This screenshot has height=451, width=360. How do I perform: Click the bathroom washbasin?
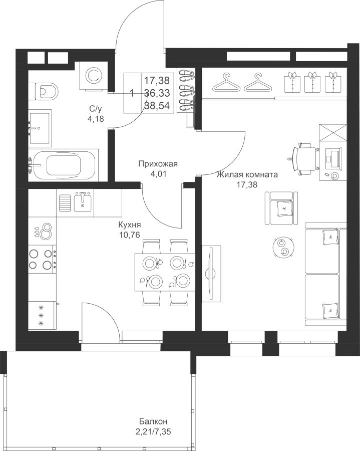click(x=40, y=128)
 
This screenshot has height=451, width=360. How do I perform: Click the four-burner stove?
click(x=43, y=259)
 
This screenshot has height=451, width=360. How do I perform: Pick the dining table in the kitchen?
click(x=165, y=272)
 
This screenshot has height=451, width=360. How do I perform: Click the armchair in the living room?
click(x=281, y=208)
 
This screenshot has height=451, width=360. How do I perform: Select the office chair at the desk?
click(x=305, y=159)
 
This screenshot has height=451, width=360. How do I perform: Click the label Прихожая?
click(x=158, y=164)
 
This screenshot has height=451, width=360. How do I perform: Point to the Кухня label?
click(x=130, y=224)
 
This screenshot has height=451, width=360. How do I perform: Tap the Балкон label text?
click(x=153, y=421)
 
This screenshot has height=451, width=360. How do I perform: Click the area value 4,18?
click(x=96, y=118)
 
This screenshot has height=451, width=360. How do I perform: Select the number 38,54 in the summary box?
click(x=157, y=106)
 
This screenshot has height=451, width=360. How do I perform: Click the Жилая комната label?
click(x=247, y=174)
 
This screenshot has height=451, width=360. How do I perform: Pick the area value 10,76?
click(x=130, y=235)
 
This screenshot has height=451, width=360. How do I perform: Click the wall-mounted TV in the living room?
click(x=211, y=274)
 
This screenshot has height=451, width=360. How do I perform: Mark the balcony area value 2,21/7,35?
click(x=154, y=432)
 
